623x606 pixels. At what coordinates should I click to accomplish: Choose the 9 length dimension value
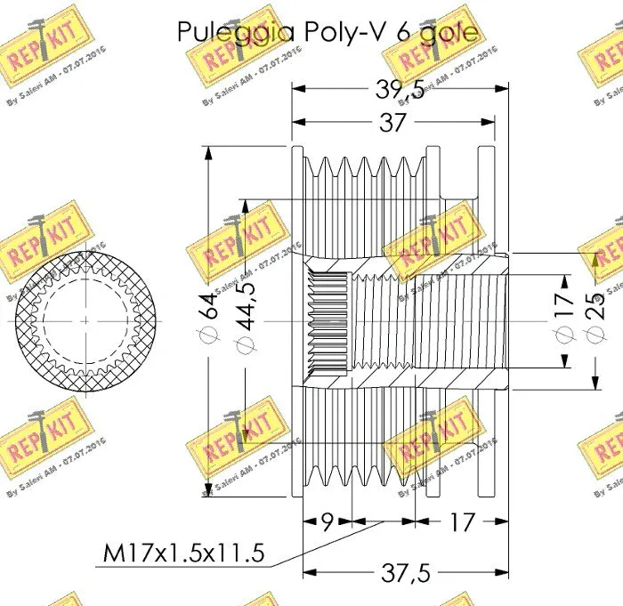[x=328, y=521]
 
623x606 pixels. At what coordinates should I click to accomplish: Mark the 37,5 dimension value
[x=405, y=575]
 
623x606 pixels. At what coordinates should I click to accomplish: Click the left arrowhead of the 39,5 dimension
[x=298, y=89]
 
